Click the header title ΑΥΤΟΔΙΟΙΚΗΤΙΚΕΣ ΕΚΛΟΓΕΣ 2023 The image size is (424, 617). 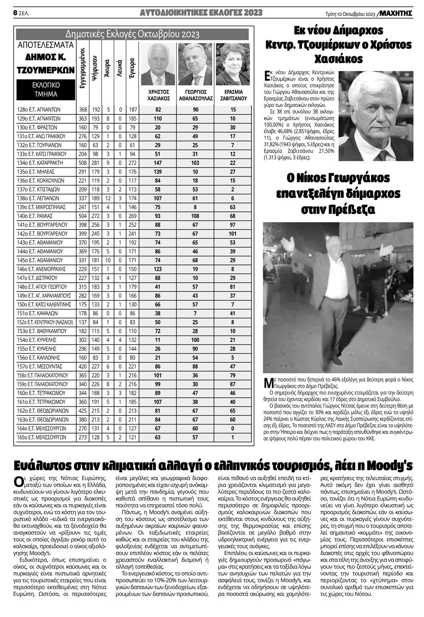(201, 13)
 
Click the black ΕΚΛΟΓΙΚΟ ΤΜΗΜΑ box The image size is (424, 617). (46, 89)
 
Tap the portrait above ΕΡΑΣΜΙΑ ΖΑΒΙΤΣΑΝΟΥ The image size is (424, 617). (233, 64)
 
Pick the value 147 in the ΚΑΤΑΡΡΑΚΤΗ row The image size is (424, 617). (158, 163)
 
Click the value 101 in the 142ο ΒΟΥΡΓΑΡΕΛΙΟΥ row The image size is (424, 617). (233, 233)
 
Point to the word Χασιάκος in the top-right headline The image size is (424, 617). (339, 58)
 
